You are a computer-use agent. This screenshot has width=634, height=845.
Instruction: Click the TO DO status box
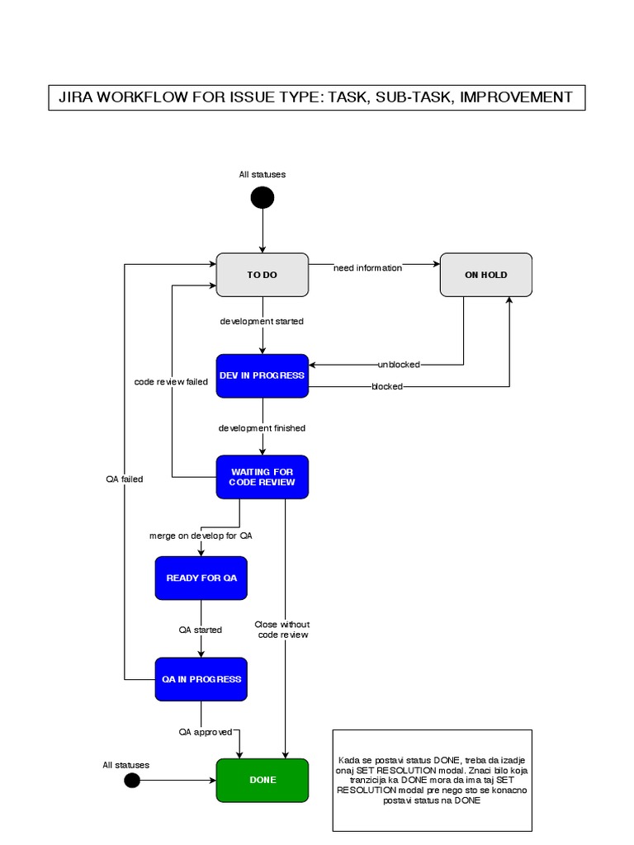[262, 275]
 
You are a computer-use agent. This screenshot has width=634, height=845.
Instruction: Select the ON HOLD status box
[485, 275]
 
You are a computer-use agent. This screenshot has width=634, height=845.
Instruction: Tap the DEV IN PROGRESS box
[262, 375]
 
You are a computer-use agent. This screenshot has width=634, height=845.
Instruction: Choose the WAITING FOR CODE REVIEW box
[262, 477]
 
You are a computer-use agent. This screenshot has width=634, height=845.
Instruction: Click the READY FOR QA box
[201, 578]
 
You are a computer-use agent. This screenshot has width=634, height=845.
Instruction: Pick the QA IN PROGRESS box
[201, 679]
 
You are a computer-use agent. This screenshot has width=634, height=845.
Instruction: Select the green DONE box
[262, 780]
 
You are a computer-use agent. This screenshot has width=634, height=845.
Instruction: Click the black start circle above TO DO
[263, 198]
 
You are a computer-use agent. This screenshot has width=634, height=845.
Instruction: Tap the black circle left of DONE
[132, 781]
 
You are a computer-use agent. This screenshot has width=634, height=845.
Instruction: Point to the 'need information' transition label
[367, 267]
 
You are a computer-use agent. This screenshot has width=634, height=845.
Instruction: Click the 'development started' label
[262, 321]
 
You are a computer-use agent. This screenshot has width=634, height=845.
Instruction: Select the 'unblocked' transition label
[399, 365]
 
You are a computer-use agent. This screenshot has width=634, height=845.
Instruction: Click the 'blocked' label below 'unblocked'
[387, 386]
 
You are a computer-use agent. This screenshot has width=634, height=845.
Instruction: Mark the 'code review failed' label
[171, 382]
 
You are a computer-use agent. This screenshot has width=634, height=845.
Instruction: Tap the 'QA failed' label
[124, 479]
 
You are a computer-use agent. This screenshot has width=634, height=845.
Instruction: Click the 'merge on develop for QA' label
[201, 536]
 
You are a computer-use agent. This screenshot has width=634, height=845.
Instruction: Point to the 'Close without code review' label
[283, 630]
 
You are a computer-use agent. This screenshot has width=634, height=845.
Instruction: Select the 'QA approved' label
[206, 732]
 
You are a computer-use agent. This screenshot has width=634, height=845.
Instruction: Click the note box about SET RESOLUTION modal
[432, 781]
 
